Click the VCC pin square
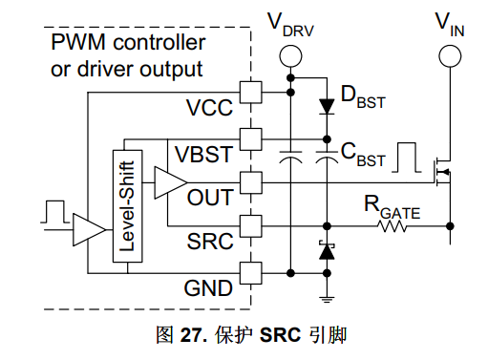point(251,93)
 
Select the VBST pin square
point(251,139)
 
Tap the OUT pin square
point(251,182)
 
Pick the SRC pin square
point(251,226)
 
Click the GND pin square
point(251,273)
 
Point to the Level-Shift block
point(128,206)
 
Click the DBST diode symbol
point(327,106)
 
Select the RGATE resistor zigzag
point(392,226)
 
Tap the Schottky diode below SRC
point(327,251)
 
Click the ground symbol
point(327,300)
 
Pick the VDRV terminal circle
point(290,56)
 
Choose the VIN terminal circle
point(450,56)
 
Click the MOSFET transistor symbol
point(442,172)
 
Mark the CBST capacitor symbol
point(327,157)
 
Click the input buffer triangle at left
point(89,229)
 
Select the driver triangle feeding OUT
point(171,182)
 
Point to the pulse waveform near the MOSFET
point(407,158)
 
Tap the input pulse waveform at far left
point(55,212)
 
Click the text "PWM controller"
point(128,42)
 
